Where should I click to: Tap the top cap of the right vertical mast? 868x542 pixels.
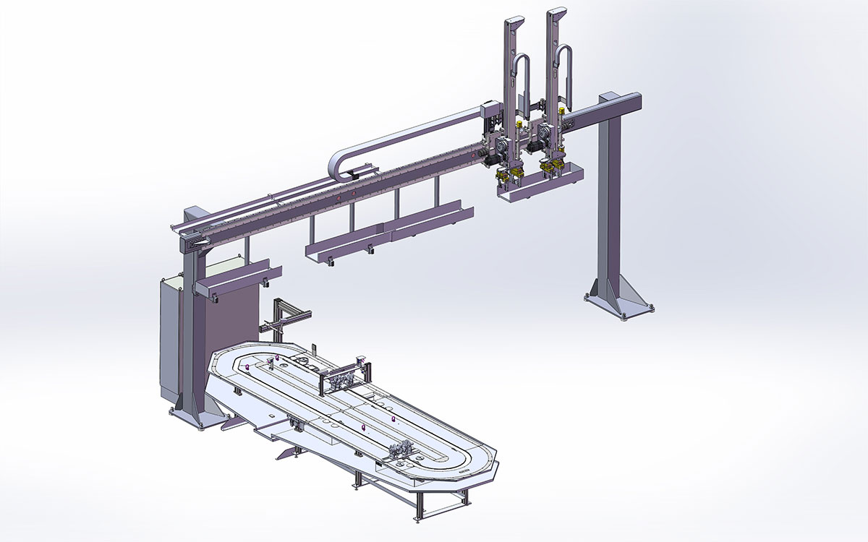click(x=556, y=15)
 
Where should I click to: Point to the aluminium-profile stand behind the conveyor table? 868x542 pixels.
click(x=286, y=318)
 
